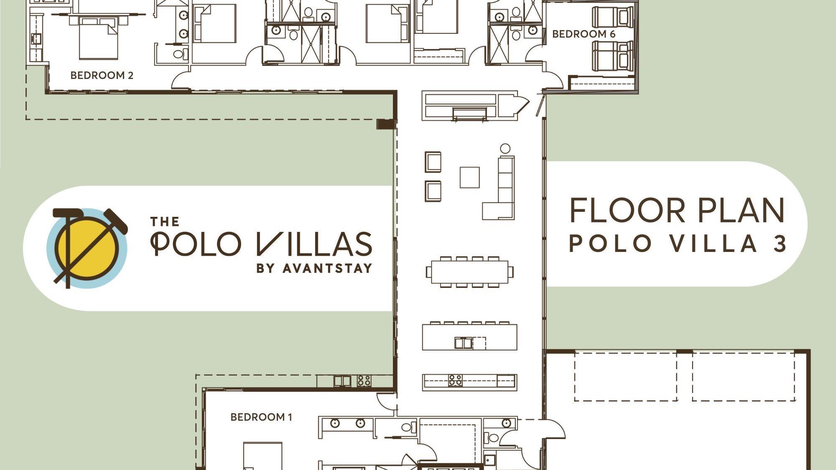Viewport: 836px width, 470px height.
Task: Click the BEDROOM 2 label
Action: [x=102, y=75]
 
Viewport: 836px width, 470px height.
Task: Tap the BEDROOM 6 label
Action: [x=584, y=34]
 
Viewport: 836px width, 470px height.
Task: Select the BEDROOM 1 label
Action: [x=261, y=417]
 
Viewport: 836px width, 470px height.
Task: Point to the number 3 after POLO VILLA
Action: [x=780, y=244]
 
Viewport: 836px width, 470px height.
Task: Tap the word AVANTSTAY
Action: [x=327, y=268]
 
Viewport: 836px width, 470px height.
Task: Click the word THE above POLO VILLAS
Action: [x=165, y=221]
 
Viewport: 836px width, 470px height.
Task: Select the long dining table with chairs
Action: [x=470, y=272]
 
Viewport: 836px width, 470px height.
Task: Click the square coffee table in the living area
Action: [x=469, y=178]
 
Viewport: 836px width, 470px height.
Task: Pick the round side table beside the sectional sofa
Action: [x=505, y=148]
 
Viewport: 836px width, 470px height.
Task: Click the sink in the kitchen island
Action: [x=463, y=343]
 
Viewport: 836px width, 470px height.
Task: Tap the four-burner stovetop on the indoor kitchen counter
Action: [x=455, y=380]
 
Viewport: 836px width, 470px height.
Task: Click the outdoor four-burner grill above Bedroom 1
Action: [x=364, y=381]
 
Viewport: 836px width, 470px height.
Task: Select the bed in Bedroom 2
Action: [x=99, y=38]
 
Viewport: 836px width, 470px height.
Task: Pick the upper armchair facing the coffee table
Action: [x=433, y=162]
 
